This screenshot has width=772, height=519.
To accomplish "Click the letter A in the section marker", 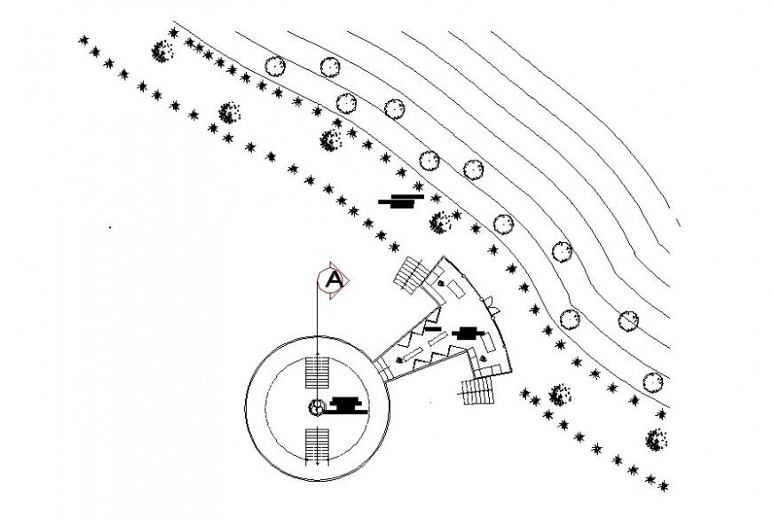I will (333, 279).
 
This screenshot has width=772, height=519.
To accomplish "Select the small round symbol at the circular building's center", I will (316, 407).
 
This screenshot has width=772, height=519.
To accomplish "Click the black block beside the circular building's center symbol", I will (347, 405).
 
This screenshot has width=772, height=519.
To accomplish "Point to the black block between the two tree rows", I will (402, 201).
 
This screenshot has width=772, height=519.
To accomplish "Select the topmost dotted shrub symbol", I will (161, 51).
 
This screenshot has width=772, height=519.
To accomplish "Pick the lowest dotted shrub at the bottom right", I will (657, 439).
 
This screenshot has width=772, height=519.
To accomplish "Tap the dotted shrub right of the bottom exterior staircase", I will (559, 394).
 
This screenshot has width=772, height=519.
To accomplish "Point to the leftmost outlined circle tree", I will (275, 66).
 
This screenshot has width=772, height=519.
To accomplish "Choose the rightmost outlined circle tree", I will (653, 382).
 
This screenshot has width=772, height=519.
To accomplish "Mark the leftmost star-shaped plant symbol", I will (84, 40).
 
